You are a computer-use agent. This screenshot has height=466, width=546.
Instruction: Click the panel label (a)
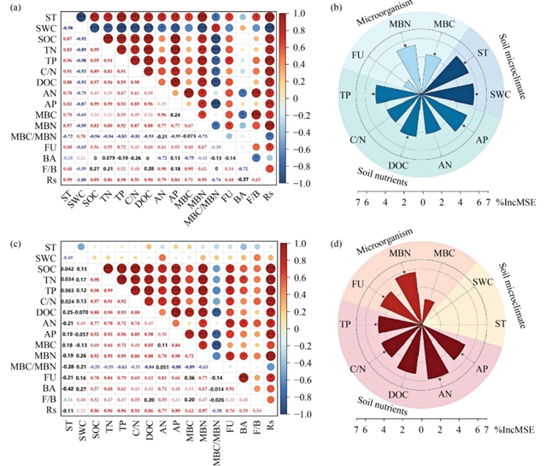tap(13, 9)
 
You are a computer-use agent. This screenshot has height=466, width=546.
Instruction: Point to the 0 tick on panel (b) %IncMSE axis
tap(423, 204)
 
